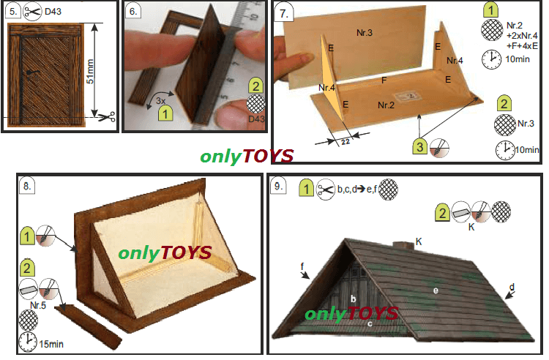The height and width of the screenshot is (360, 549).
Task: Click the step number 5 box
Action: coord(13,11)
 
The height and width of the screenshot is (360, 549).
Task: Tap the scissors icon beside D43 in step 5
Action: coord(32,11)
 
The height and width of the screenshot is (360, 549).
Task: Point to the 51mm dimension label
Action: coord(90,72)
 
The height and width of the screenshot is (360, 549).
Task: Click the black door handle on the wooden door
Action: coord(32,72)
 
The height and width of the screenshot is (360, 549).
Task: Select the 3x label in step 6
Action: coord(161,101)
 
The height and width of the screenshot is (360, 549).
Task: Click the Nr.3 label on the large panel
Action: coord(365,33)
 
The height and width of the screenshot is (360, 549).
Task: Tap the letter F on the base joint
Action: coord(384,80)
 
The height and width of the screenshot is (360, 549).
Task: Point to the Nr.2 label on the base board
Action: coord(386,105)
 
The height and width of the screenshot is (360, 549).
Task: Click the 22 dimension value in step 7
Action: coord(346,142)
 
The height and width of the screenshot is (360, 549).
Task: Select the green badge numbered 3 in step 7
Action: coord(420,146)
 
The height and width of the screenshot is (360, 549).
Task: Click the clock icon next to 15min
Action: coord(28,342)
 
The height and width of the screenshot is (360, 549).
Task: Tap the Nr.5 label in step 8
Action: coord(38,305)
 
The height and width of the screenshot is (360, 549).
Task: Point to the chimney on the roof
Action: coord(403,245)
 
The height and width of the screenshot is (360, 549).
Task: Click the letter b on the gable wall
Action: coord(354,299)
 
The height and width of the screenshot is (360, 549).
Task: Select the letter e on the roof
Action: coord(436,290)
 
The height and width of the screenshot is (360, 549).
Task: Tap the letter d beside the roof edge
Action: coord(512,288)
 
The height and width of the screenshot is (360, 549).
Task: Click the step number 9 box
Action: coord(278,186)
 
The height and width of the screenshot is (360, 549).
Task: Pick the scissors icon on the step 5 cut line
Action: coord(106,117)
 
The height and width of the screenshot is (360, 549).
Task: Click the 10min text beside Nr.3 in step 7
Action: coord(527,150)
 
